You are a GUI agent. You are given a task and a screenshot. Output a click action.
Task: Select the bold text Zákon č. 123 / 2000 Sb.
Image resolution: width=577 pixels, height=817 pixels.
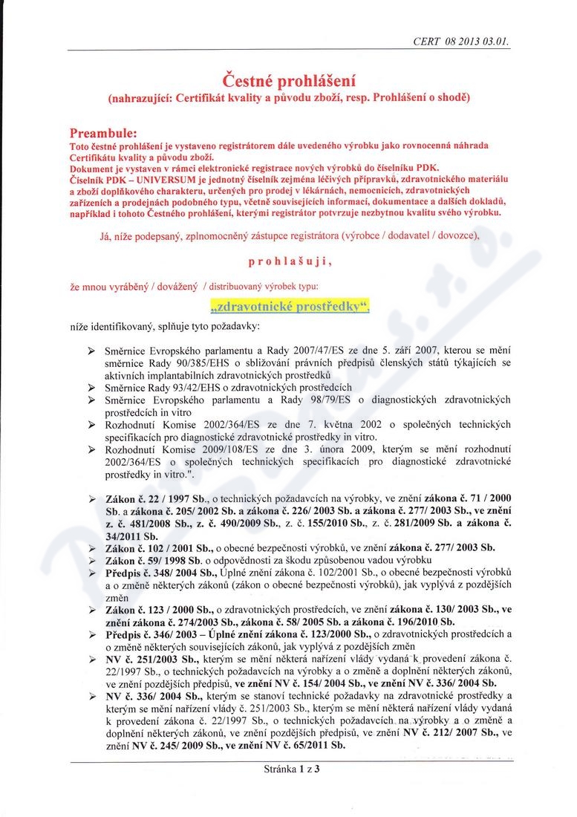click(x=157, y=609)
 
